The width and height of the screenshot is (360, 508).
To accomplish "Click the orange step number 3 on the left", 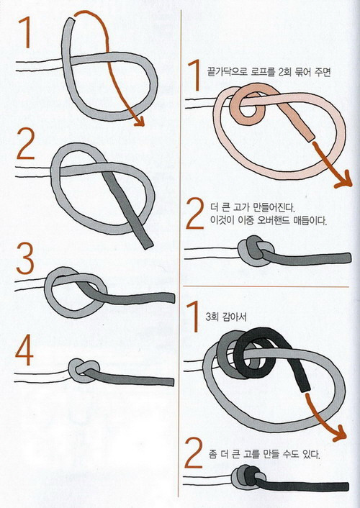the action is point(25,259).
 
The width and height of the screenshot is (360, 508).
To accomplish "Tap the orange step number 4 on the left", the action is point(24,350).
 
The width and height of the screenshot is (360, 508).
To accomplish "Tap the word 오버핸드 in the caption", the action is point(274,221).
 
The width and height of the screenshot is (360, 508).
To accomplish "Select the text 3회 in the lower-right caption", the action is point(212,316).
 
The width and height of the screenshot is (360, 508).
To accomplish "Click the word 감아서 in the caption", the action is point(235,316).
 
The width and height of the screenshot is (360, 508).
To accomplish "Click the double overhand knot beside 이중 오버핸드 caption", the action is point(256,250).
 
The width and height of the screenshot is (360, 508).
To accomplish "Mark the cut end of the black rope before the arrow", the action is point(305,388).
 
